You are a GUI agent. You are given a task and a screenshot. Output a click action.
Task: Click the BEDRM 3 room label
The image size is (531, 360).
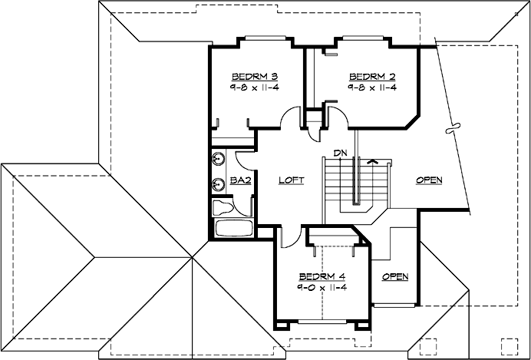click(253, 77)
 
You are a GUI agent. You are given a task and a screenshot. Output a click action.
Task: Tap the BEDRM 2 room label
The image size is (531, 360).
click(372, 77)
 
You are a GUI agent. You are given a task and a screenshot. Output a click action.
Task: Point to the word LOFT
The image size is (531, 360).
click(291, 180)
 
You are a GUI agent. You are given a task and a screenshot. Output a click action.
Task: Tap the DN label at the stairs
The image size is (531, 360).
click(341, 152)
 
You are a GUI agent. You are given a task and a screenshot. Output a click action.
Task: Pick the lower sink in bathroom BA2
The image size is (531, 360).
click(218, 184)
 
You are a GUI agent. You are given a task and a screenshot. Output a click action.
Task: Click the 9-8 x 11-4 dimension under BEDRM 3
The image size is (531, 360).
click(253, 88)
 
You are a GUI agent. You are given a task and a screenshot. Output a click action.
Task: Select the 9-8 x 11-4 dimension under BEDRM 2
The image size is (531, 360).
click(372, 88)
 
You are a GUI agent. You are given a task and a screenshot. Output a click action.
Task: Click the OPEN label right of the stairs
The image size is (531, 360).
click(429, 180)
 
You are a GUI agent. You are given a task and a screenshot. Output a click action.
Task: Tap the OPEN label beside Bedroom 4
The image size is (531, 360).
click(395, 276)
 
